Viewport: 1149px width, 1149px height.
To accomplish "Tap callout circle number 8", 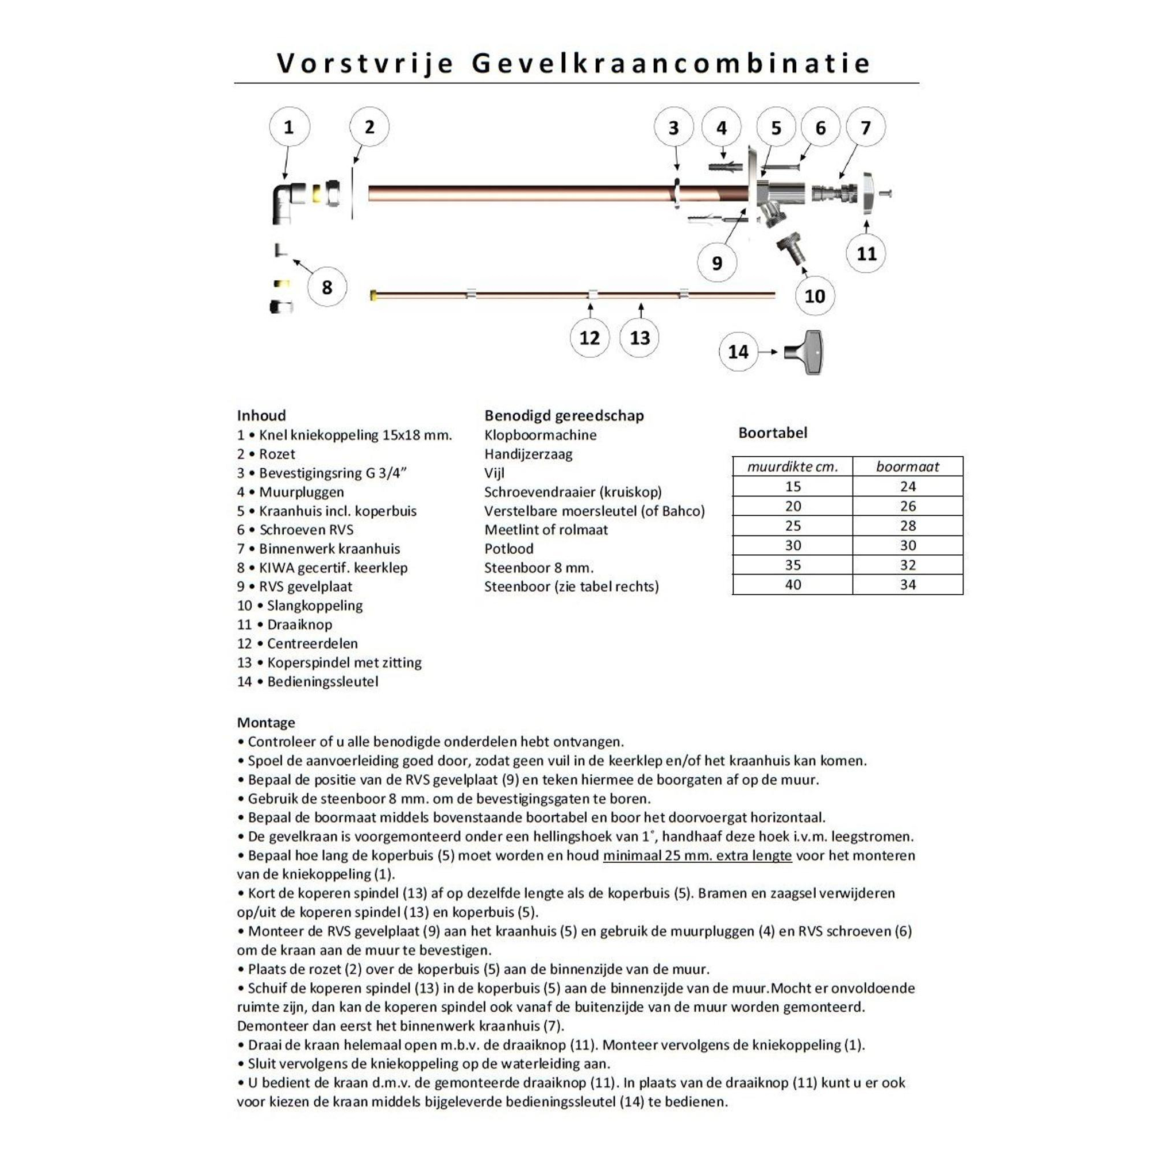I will (x=326, y=287).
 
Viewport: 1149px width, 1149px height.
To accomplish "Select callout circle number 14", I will (x=738, y=352).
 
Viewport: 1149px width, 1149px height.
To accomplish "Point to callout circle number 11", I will (x=866, y=254).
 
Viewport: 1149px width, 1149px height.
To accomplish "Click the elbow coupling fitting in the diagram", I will (x=288, y=202).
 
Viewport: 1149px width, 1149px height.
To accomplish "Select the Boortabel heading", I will (x=773, y=433).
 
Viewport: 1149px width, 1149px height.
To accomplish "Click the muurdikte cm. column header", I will (x=792, y=467).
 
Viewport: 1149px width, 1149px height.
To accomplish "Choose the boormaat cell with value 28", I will (x=908, y=526).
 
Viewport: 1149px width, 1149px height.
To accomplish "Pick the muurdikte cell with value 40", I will (x=793, y=585).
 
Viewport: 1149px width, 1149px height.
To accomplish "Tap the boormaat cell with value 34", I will (x=908, y=585).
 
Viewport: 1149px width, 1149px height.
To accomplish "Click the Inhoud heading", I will (x=261, y=415).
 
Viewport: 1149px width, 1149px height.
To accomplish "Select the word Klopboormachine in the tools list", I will (x=540, y=435).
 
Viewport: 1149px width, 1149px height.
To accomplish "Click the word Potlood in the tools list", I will (x=508, y=548).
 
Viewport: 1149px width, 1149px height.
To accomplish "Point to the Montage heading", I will (x=266, y=723).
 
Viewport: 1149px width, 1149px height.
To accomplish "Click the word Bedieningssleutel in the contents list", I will (x=322, y=681).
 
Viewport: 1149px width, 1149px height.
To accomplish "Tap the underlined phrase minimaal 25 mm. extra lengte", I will (x=697, y=855).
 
